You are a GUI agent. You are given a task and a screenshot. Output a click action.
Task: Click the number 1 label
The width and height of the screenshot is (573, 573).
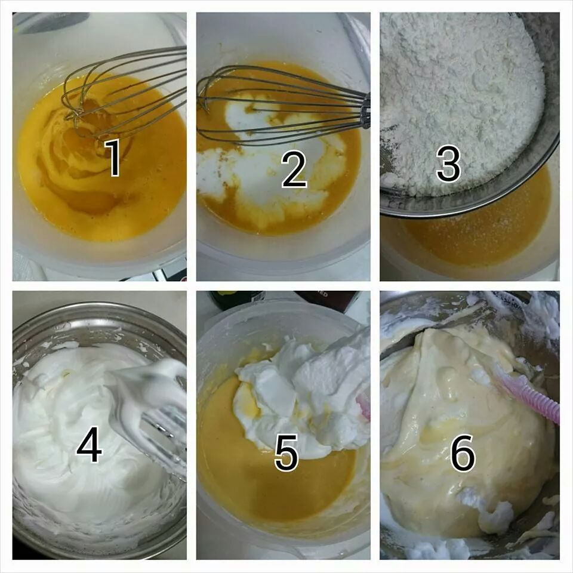click(113, 158)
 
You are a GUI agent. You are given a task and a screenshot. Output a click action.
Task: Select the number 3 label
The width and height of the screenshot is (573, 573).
click(448, 163)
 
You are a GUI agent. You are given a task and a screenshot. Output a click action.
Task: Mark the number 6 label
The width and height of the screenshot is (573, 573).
click(463, 452)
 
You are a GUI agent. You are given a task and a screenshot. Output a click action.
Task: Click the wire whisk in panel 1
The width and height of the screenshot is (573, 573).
click(124, 91)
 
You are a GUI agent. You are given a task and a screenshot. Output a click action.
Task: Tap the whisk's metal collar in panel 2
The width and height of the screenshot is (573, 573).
click(365, 110)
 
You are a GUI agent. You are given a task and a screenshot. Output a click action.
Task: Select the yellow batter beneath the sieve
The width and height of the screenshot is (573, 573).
click(475, 234)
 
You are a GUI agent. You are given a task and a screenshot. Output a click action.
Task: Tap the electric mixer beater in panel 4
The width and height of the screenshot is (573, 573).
click(153, 413)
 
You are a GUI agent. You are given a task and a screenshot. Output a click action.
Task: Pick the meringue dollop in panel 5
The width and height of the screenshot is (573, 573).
click(303, 395)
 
